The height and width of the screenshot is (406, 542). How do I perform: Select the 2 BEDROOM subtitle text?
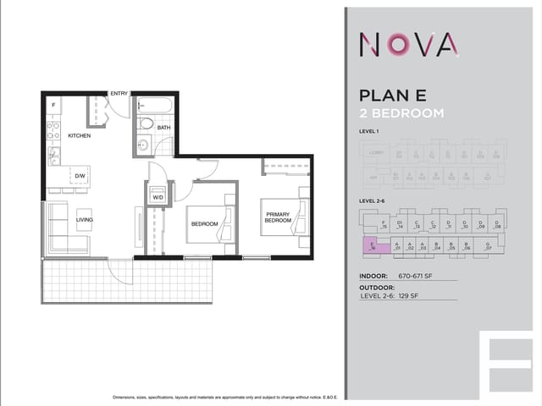[401, 113]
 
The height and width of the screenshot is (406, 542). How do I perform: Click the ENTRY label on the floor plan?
[119, 93]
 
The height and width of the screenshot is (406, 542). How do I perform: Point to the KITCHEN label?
[80, 135]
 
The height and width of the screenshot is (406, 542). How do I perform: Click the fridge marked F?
[53, 106]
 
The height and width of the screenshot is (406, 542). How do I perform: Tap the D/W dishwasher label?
[80, 176]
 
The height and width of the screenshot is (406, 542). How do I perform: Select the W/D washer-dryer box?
[158, 197]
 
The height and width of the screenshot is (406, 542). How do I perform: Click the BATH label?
[163, 128]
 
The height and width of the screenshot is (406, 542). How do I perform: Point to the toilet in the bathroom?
[146, 123]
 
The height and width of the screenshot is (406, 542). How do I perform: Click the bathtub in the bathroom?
[155, 106]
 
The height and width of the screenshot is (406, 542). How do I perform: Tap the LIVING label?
[85, 220]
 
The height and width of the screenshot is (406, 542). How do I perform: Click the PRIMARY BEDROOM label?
[277, 217]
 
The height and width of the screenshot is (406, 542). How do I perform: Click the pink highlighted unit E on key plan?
[371, 246]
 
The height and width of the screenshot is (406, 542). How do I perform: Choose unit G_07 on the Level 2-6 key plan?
[488, 246]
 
